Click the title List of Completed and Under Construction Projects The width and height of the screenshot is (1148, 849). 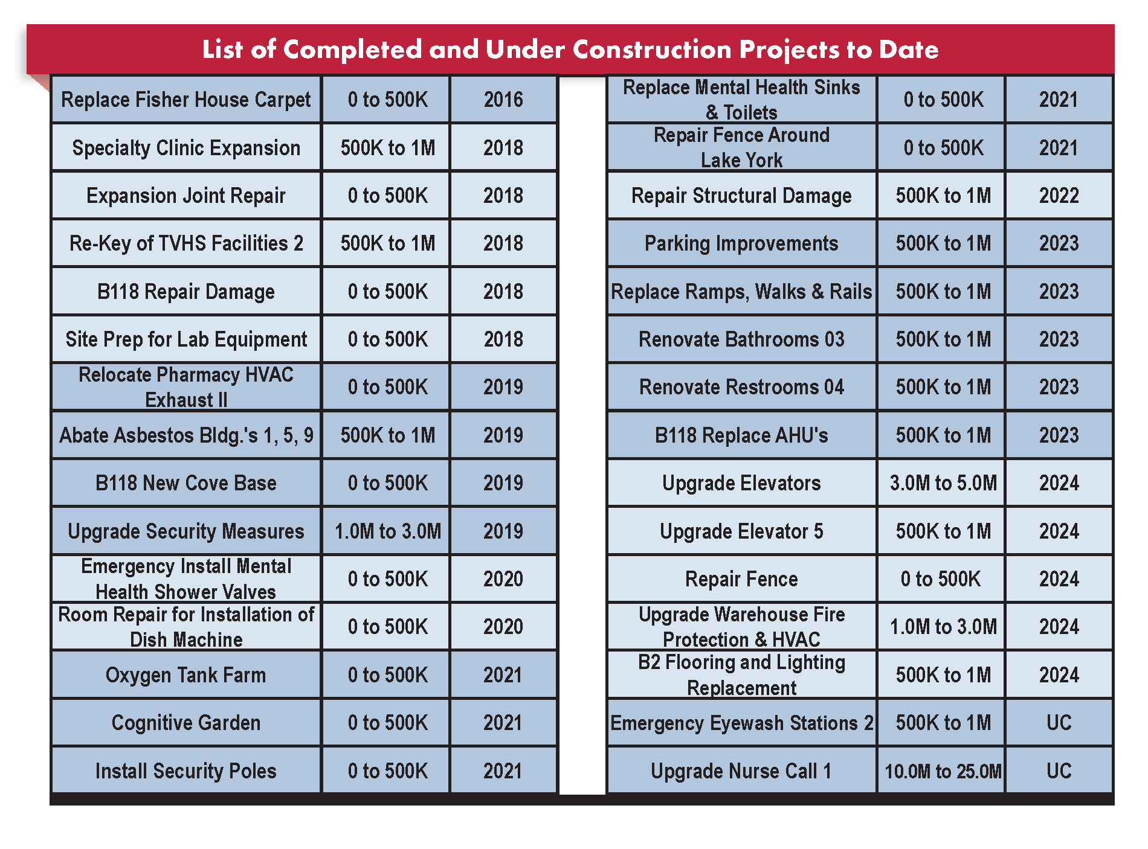point(570,50)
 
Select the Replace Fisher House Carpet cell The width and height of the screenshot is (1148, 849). point(186,100)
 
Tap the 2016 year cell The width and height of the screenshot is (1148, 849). point(503,100)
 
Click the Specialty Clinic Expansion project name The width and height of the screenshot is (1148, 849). point(186,148)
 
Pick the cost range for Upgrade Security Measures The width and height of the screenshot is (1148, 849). point(387,531)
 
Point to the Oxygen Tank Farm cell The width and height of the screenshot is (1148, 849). point(186,675)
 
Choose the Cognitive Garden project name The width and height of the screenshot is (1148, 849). point(186,723)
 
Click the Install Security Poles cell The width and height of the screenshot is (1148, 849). point(186,771)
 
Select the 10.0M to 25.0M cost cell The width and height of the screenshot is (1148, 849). point(943,771)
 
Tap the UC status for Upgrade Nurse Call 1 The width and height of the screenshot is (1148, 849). point(1059,771)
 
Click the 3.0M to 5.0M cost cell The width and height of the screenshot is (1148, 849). point(943,483)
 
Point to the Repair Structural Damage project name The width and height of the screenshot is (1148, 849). point(741,196)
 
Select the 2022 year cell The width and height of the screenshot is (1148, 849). point(1059,196)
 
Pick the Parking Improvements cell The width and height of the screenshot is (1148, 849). point(741,243)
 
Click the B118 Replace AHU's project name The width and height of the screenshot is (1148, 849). point(741,435)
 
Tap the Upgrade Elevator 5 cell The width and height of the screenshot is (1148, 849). point(741,531)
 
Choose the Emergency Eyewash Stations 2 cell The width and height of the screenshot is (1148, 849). point(741,723)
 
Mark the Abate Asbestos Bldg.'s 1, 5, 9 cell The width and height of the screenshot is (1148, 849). point(186,435)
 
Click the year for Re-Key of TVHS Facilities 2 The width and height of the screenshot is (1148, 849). point(503,243)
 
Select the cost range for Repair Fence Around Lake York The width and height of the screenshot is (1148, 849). point(943,148)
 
